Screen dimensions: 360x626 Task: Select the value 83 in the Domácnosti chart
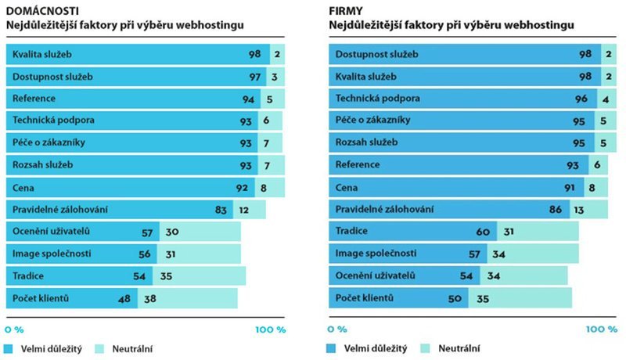(222, 210)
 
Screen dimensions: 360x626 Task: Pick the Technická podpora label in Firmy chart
(377, 99)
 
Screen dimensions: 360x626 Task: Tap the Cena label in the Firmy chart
(347, 188)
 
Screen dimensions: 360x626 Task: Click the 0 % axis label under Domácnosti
(16, 329)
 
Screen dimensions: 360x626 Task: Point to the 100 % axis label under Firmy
(596, 329)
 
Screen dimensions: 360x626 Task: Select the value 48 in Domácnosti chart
(124, 298)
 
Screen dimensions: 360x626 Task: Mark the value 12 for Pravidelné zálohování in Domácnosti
(244, 210)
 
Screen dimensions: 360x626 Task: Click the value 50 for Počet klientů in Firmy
(455, 298)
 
